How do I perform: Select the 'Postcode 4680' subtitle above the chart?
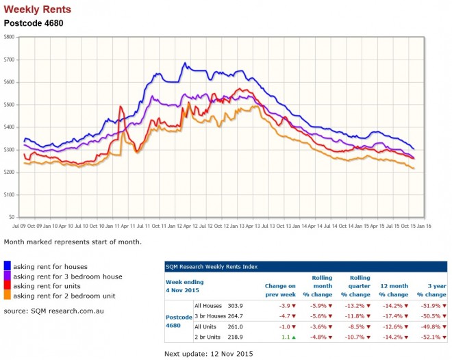[33, 22]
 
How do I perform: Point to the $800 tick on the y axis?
[9, 37]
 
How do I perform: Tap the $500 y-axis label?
[9, 105]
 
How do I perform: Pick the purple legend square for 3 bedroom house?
[8, 276]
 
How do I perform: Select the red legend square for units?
[8, 285]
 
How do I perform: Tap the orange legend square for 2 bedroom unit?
[8, 295]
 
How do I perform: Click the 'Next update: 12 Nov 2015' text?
[209, 353]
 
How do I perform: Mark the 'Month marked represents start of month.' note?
[72, 242]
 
